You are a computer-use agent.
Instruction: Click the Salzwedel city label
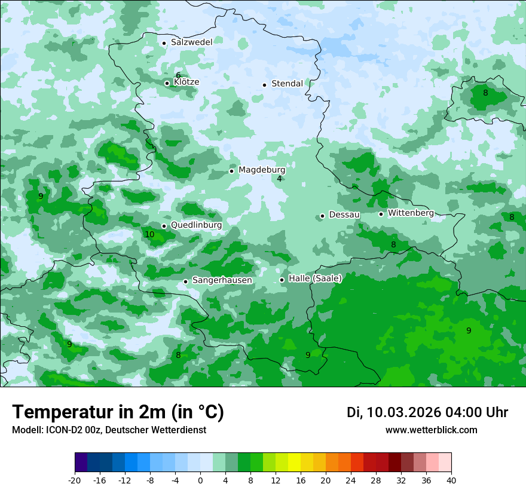click(191, 42)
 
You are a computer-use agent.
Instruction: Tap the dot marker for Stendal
click(264, 84)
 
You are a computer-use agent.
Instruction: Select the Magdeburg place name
click(262, 170)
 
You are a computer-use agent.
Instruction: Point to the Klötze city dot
click(167, 83)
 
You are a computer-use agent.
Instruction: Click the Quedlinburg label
click(196, 225)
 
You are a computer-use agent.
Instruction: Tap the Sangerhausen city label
click(222, 280)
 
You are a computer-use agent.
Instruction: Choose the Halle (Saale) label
click(315, 278)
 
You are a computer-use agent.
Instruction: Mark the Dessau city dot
click(322, 216)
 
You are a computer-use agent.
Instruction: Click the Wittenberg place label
click(411, 213)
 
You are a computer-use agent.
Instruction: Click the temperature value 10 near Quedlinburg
click(149, 235)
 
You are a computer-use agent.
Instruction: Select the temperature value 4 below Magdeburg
click(279, 179)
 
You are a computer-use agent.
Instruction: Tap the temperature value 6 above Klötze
click(178, 75)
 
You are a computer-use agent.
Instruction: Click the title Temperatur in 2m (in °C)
click(118, 412)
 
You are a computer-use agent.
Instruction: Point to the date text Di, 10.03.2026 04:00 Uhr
click(427, 412)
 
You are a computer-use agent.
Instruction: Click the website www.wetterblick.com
click(431, 430)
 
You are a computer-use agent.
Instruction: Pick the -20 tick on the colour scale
click(75, 480)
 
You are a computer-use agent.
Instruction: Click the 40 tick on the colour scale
click(451, 480)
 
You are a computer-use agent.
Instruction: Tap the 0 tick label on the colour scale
click(200, 480)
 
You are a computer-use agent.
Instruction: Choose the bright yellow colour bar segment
click(294, 463)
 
